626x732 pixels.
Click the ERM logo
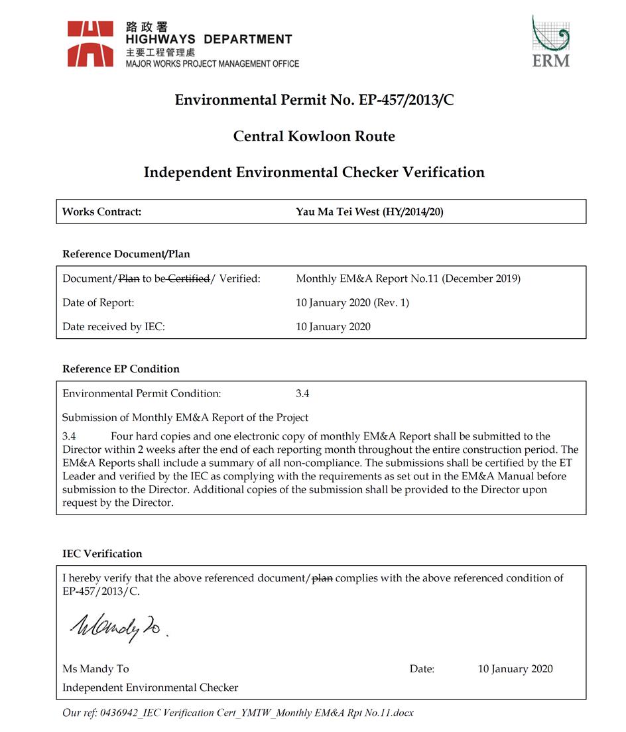click(x=550, y=41)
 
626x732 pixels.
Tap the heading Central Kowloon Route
click(x=314, y=137)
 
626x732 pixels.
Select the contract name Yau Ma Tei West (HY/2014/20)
click(x=375, y=212)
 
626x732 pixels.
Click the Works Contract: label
click(x=101, y=212)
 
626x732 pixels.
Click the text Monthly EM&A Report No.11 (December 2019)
click(x=408, y=279)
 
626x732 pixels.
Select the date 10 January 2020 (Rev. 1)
click(x=352, y=303)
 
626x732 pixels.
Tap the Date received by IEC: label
click(x=113, y=327)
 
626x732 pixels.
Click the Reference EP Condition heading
click(x=121, y=369)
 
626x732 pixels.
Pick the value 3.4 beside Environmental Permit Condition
click(x=302, y=394)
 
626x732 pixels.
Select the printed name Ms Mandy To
click(x=95, y=669)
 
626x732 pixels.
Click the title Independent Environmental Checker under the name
click(x=150, y=688)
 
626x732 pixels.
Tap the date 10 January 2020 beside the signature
click(x=515, y=669)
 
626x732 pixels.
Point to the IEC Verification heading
click(x=102, y=554)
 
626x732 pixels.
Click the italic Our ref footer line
click(x=237, y=713)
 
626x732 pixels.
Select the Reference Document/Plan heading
click(x=126, y=254)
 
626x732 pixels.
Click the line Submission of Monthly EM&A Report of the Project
click(x=185, y=418)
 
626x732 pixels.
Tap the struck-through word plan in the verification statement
click(x=323, y=578)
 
